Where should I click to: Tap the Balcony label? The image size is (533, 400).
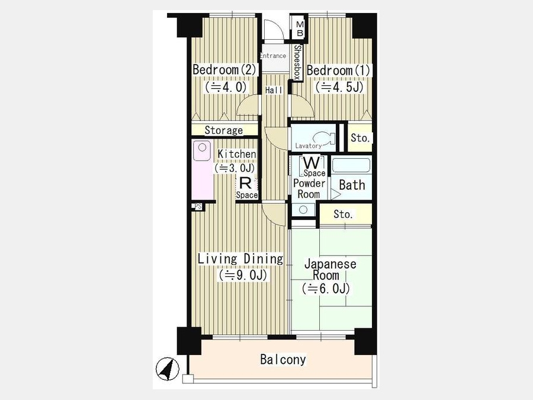click(x=283, y=360)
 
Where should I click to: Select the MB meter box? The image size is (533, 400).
click(x=300, y=29)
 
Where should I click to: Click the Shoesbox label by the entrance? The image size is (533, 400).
click(x=298, y=63)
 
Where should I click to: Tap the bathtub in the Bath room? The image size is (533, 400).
click(x=351, y=165)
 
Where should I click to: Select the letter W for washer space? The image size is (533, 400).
click(x=311, y=162)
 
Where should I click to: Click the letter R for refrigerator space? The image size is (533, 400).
click(x=245, y=183)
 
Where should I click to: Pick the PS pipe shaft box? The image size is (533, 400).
click(x=197, y=206)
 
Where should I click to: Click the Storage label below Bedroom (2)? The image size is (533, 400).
click(x=224, y=130)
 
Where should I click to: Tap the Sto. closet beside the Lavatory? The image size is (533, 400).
click(x=360, y=137)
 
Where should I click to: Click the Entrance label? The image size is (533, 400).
click(x=273, y=56)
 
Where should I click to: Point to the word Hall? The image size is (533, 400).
click(x=274, y=90)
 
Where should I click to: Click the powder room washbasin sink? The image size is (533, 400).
click(x=303, y=210)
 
